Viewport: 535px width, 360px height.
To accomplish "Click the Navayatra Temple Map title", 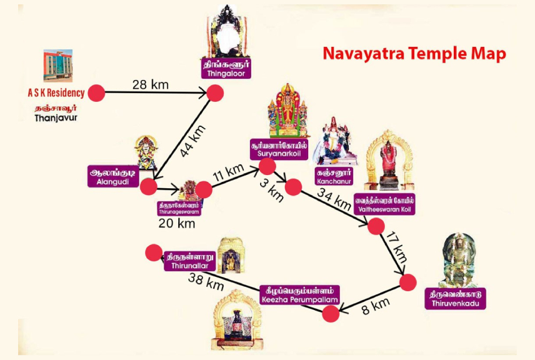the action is (414, 54).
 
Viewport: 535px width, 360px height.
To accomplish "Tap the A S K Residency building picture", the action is (57, 66).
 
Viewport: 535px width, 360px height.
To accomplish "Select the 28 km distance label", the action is (151, 84).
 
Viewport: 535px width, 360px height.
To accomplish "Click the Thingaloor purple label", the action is (226, 69).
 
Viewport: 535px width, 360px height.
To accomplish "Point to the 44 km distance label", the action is (192, 141).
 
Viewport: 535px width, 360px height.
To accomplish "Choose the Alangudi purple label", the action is (113, 176).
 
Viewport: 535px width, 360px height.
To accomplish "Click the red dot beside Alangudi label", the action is (148, 186).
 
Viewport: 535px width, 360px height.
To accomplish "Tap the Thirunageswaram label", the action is (179, 209).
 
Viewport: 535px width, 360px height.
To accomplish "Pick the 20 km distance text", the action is (177, 224).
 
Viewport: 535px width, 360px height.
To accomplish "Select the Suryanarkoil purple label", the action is (279, 149).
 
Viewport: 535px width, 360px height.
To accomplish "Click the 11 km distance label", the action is (228, 172).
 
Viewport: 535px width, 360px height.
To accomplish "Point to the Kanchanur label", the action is (334, 176).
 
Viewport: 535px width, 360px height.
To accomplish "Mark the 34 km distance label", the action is (334, 199).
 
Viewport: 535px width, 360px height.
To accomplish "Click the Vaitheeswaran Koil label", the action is (384, 204).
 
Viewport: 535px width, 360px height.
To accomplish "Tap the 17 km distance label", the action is (397, 247).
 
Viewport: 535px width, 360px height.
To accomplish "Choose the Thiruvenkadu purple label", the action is (455, 299).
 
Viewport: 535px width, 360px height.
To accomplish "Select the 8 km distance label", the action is (376, 306).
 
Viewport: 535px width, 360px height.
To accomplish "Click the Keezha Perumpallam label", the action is (299, 295).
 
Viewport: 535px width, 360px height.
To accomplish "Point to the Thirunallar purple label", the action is (190, 261).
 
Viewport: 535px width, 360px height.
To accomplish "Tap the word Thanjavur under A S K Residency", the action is (56, 118).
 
